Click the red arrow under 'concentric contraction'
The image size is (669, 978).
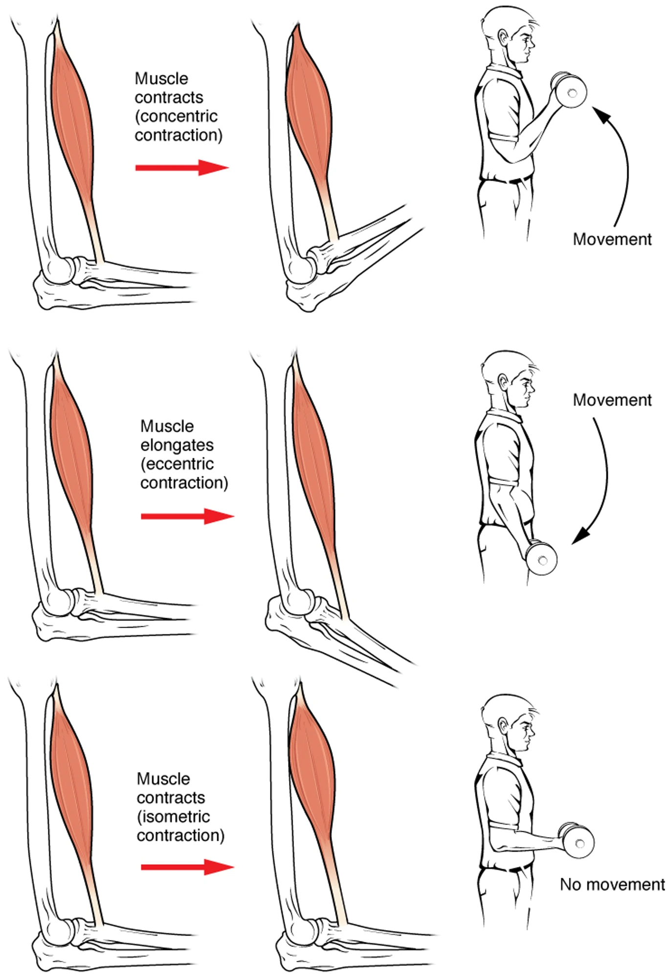click(182, 168)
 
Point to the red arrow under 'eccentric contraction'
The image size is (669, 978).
click(188, 516)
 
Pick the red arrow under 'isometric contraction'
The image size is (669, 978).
click(188, 867)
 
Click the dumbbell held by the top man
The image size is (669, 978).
click(569, 90)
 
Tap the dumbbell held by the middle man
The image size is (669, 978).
click(540, 557)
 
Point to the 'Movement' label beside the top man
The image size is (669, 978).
click(612, 239)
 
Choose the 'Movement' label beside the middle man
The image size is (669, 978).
click(612, 400)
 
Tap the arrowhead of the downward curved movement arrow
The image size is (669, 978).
click(582, 534)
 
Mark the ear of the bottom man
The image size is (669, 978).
click(503, 725)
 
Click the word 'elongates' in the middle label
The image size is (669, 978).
click(177, 445)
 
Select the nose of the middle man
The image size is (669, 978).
click(532, 388)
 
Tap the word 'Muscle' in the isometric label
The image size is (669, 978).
click(163, 778)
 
